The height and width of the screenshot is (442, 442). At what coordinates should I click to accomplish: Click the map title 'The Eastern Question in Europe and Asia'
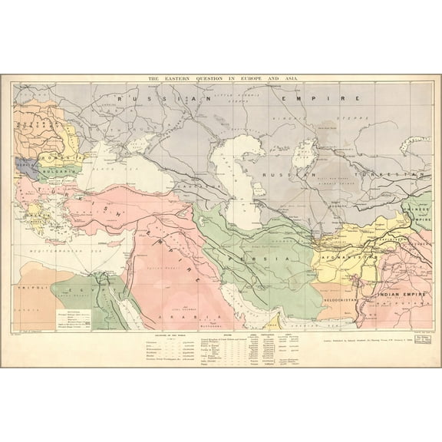coord(221,78)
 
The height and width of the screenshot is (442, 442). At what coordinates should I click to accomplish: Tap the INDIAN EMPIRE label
coord(397,292)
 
